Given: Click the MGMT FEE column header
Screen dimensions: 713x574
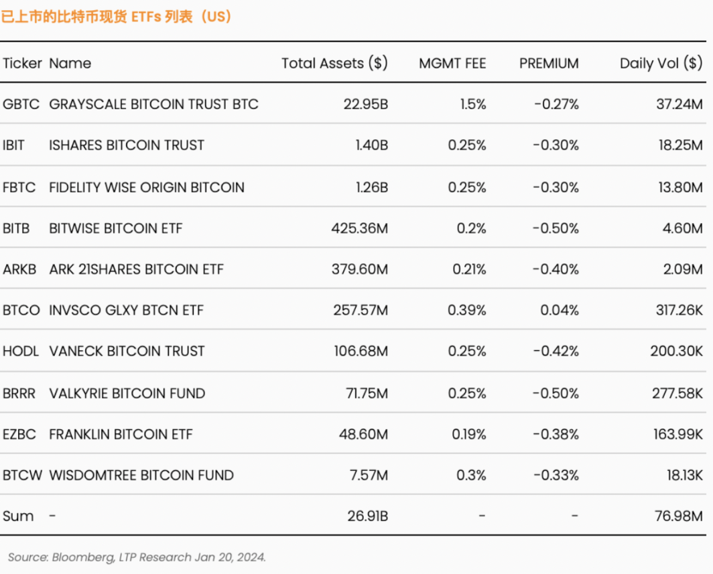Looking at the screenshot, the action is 452,63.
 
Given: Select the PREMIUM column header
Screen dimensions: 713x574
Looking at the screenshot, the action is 549,63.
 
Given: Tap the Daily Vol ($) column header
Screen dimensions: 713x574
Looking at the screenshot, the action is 661,63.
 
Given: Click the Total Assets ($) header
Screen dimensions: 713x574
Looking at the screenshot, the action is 334,63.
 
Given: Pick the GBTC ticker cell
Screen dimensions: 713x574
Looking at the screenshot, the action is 21,104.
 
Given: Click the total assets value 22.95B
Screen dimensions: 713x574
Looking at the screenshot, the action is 366,104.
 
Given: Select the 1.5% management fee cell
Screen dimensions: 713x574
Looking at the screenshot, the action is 473,104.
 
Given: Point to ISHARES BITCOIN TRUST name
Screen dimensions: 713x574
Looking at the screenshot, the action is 127,145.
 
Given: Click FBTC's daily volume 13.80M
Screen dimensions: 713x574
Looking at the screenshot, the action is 681,188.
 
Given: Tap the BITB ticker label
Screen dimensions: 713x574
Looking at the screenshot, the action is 16,228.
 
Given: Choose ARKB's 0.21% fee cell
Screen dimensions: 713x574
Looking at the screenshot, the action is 469,269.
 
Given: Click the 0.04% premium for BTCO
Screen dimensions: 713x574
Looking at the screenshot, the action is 560,310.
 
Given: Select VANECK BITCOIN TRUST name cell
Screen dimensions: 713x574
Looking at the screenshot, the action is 127,351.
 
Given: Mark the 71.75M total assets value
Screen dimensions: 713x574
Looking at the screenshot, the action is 367,393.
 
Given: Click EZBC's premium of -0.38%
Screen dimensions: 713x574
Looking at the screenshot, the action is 556,434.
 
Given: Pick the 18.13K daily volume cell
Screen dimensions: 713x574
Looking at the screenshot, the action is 685,475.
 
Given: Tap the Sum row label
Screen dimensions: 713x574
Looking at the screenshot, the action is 18,516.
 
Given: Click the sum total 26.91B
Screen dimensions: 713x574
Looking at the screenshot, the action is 368,516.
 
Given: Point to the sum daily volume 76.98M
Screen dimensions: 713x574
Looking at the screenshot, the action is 679,516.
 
